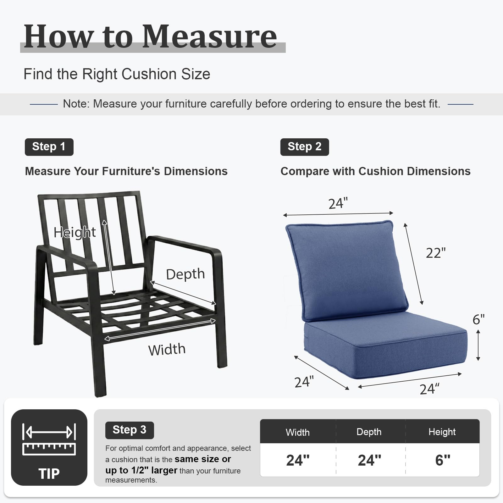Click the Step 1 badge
49,147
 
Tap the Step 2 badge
305,147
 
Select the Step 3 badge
129,430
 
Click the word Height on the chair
75,232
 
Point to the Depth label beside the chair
185,274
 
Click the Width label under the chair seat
167,350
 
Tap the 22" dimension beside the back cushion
436,253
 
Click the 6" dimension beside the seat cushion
478,320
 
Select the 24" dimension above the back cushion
338,204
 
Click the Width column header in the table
298,432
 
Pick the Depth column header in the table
369,432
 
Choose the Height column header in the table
442,432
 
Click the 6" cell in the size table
443,460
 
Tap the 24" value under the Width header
298,460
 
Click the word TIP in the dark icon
49,473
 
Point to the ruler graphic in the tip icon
49,449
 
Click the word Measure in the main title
210,36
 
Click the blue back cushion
347,270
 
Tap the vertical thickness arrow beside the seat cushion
478,345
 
